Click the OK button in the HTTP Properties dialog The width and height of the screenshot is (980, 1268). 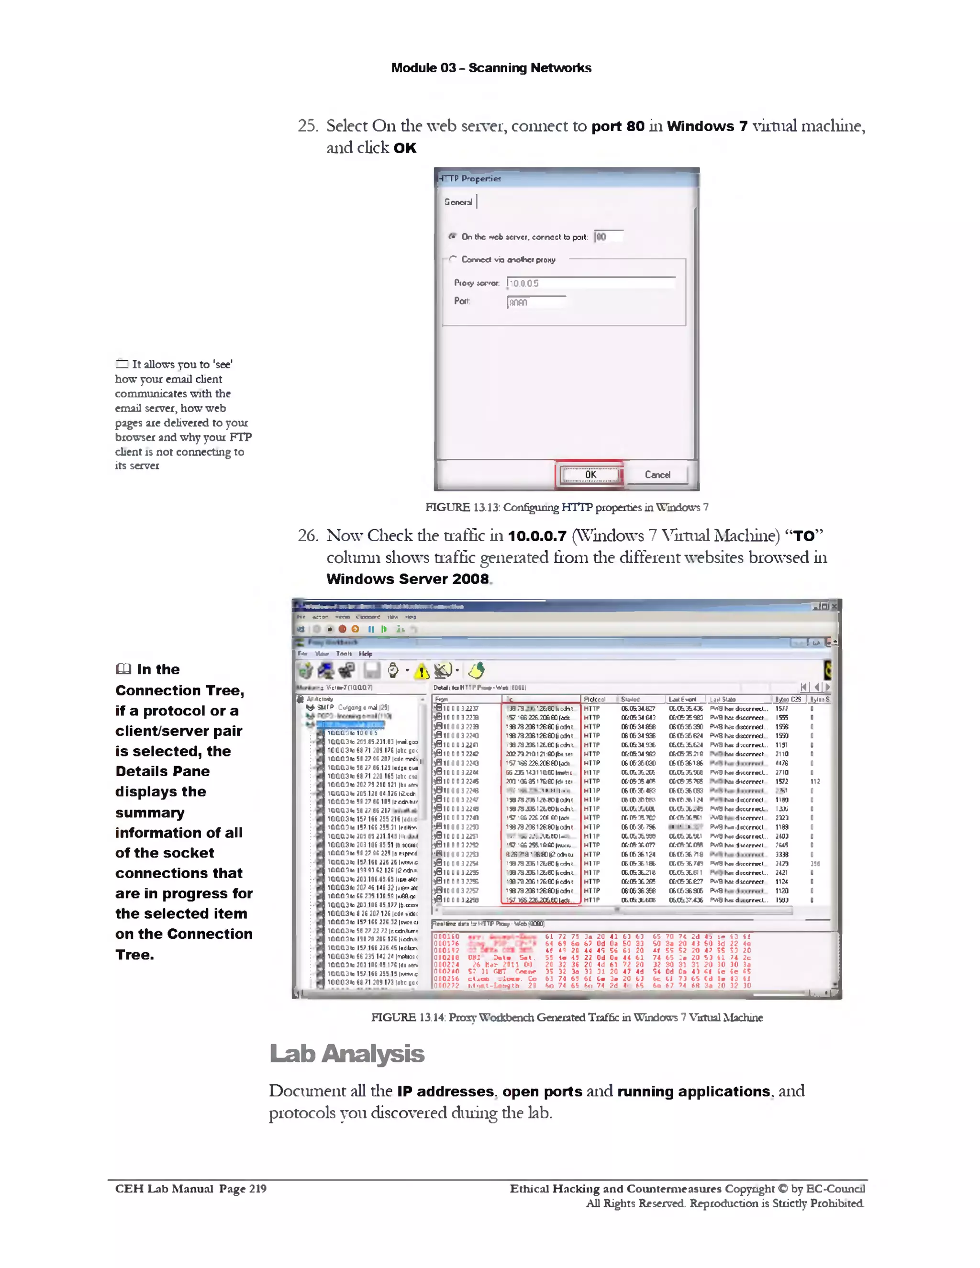click(590, 474)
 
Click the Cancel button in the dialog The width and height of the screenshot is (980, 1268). click(657, 474)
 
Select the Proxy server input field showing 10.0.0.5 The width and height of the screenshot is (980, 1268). click(590, 283)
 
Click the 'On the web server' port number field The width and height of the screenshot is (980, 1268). click(609, 236)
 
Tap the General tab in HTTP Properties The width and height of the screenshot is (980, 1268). click(458, 202)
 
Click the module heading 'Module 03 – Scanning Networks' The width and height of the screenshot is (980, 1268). click(490, 68)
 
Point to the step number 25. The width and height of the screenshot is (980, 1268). click(307, 126)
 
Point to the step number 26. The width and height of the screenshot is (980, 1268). click(307, 535)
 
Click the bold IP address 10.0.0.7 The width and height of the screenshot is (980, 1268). click(537, 536)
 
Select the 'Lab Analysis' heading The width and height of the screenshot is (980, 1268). click(346, 1054)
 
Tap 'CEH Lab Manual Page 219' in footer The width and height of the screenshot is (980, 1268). click(190, 1189)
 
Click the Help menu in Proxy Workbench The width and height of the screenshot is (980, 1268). click(365, 654)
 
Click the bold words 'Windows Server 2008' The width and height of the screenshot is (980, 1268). click(408, 579)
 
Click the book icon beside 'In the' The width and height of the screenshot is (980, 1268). click(123, 669)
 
